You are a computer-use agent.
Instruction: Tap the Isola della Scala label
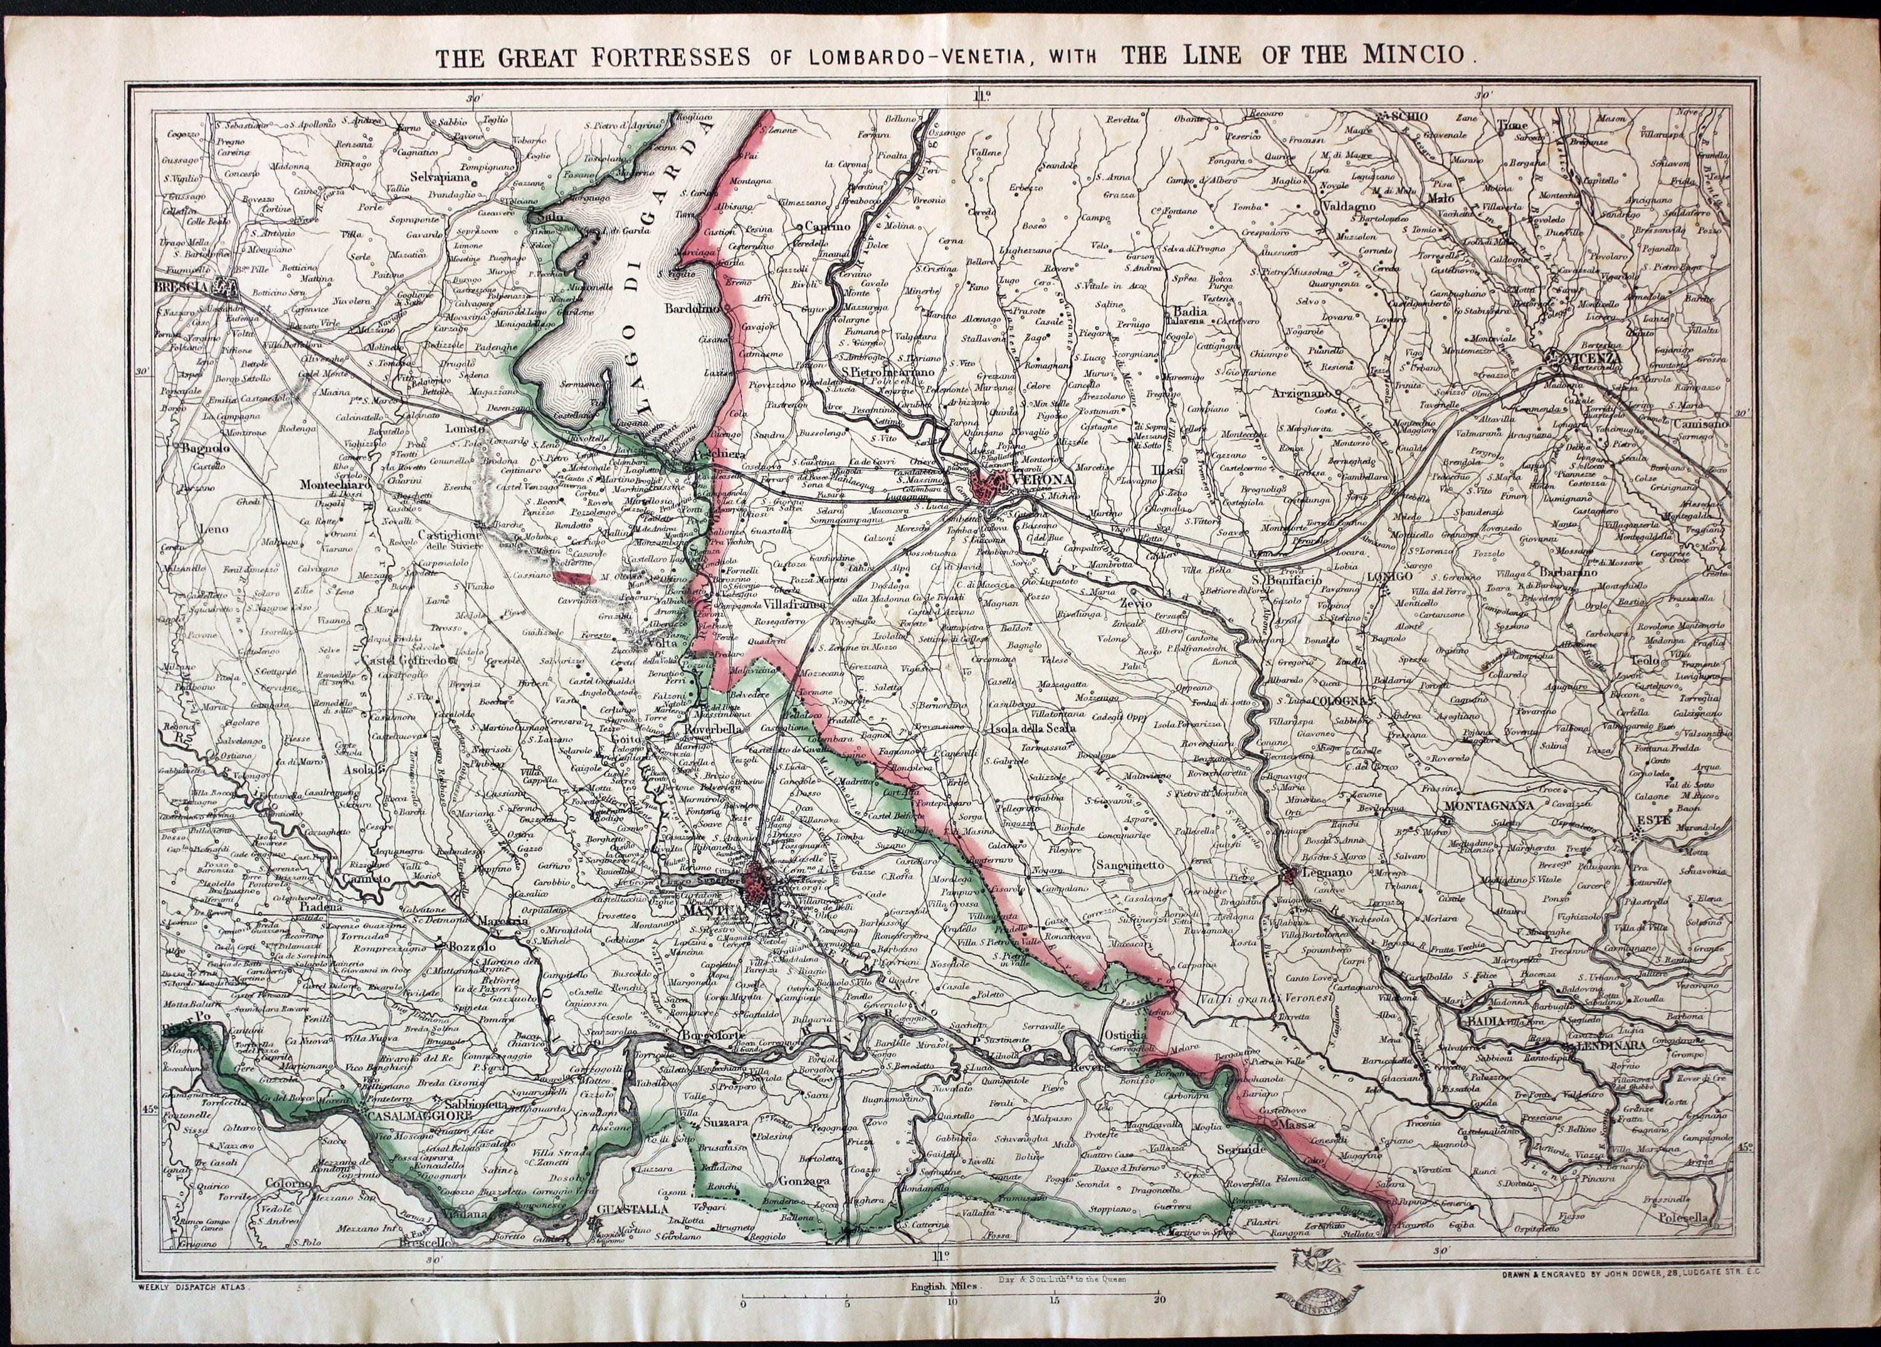pos(1032,728)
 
